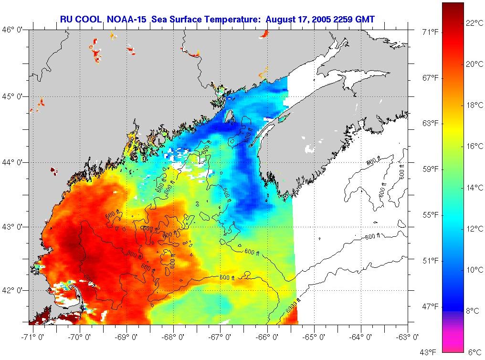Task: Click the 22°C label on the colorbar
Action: click(474, 22)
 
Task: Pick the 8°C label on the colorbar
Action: click(473, 311)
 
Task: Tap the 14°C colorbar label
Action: click(474, 188)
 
